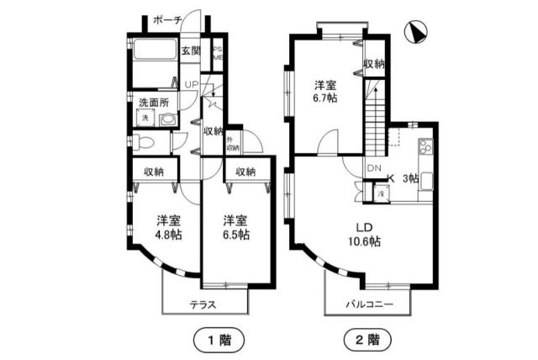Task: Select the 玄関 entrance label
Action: (191, 50)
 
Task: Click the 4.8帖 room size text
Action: (169, 236)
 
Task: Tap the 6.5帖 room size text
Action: (235, 236)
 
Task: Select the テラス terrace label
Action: (203, 304)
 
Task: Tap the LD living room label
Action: (362, 226)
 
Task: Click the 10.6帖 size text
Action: (363, 241)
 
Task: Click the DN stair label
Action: (373, 167)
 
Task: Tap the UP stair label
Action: (191, 85)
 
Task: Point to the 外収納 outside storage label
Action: (231, 144)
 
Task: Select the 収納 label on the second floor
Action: (375, 64)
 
